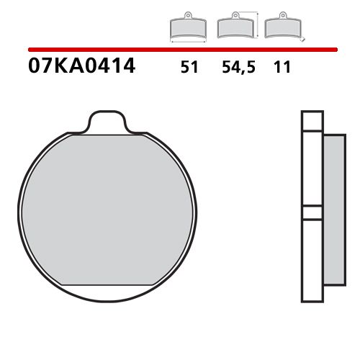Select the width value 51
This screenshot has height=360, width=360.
tap(189, 69)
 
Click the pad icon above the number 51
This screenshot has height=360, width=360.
tap(186, 28)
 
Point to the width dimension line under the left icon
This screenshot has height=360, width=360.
tap(186, 42)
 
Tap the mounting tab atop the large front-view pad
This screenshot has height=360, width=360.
tap(112, 122)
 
